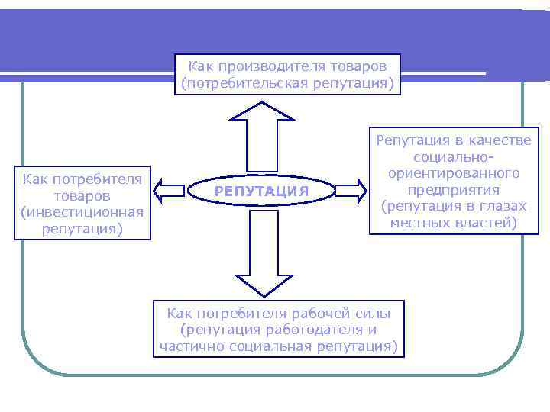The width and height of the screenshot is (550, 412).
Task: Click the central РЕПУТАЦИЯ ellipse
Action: coord(261,191)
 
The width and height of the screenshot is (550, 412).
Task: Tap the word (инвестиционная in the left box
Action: coord(83,213)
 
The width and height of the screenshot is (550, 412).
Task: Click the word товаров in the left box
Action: coord(83,196)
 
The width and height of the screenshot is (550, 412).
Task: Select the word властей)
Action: coord(490,223)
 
